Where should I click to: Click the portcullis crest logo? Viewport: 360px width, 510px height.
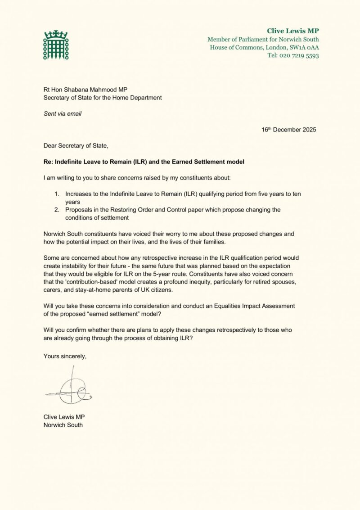coord(53,45)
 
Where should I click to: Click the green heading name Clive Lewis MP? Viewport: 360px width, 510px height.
coord(293,31)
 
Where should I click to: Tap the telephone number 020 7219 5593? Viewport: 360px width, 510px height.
coord(300,55)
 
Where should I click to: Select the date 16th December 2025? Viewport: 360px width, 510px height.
coord(289,130)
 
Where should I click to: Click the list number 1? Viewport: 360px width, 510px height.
coord(57,194)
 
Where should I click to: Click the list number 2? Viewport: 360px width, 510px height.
coord(57,210)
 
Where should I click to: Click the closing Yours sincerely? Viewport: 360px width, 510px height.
coord(65,356)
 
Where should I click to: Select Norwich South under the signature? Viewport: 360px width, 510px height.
coord(63,424)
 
